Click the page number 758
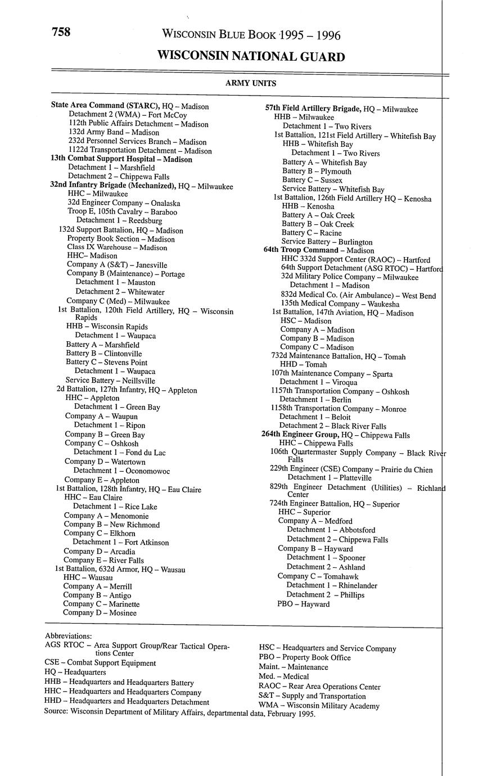(x=61, y=33)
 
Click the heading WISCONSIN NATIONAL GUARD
(x=251, y=57)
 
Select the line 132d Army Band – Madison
(x=114, y=132)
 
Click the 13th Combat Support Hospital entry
(x=121, y=159)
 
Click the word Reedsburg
(x=144, y=221)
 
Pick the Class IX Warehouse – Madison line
(x=117, y=247)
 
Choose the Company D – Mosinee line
(x=100, y=613)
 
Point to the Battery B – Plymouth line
(x=317, y=171)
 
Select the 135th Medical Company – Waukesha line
(x=340, y=304)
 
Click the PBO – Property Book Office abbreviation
(x=304, y=657)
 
